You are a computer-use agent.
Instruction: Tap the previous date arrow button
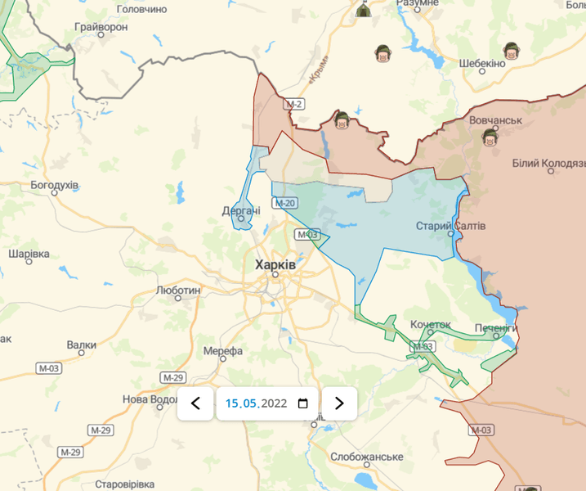pyautogui.click(x=195, y=403)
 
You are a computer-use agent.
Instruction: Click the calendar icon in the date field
pyautogui.click(x=303, y=403)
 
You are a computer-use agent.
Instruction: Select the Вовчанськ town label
pyautogui.click(x=495, y=120)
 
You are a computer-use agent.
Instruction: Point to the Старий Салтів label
pyautogui.click(x=450, y=225)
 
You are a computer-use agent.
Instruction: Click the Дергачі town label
pyautogui.click(x=241, y=210)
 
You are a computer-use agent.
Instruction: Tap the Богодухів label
pyautogui.click(x=55, y=185)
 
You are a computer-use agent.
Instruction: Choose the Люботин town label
pyautogui.click(x=177, y=290)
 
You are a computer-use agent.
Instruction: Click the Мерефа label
pyautogui.click(x=223, y=351)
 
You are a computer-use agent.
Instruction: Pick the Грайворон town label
pyautogui.click(x=101, y=27)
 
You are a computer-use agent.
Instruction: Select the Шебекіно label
pyautogui.click(x=482, y=63)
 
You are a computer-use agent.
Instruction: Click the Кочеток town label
pyautogui.click(x=431, y=325)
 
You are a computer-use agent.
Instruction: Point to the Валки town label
pyautogui.click(x=82, y=345)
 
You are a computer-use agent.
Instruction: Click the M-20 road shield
pyautogui.click(x=286, y=203)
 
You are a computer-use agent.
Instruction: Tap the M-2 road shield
pyautogui.click(x=294, y=104)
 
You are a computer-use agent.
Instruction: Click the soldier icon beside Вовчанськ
pyautogui.click(x=490, y=137)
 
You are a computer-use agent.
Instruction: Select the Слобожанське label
pyautogui.click(x=368, y=456)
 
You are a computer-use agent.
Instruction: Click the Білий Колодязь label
pyautogui.click(x=549, y=164)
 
